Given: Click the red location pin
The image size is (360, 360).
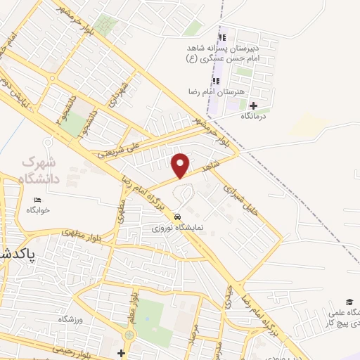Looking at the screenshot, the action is (181, 165).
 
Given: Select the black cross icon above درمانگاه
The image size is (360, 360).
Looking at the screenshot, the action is (254, 105).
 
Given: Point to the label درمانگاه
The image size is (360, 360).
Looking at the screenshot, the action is (255, 116).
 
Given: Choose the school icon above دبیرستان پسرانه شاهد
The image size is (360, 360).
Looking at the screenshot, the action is (222, 37).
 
